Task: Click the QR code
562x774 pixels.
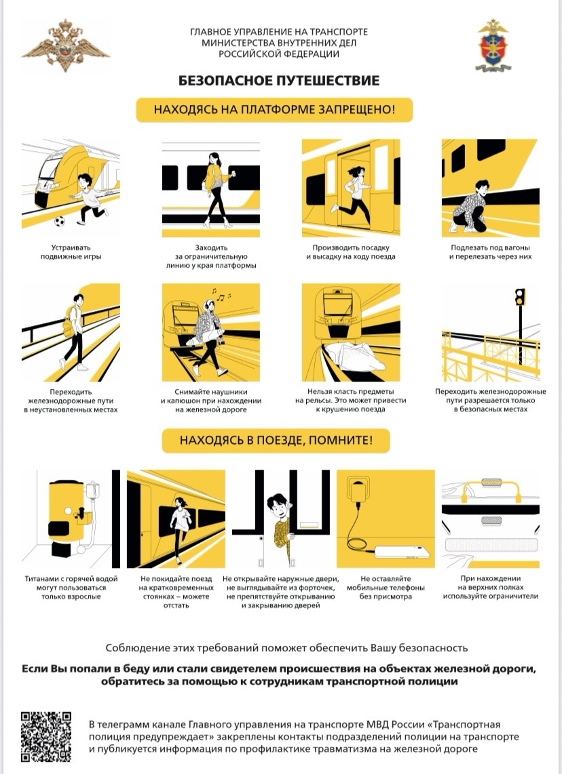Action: [x=46, y=737]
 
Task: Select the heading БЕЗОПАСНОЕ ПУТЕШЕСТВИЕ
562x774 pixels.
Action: [x=279, y=81]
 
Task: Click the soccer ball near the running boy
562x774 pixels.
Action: [x=59, y=221]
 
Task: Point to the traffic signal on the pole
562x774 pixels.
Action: [x=520, y=297]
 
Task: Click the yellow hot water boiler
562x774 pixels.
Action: [x=69, y=513]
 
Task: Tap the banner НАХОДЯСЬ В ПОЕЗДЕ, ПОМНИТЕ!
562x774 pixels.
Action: [x=276, y=441]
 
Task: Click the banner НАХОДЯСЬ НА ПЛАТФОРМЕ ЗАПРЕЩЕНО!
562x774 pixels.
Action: [x=274, y=110]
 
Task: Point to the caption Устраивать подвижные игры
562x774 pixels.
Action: [x=71, y=252]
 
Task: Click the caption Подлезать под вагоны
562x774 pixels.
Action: [x=490, y=248]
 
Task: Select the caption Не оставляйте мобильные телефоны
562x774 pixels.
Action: [x=386, y=583]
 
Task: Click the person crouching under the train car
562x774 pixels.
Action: [x=470, y=207]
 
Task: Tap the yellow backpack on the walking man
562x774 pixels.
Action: [x=69, y=322]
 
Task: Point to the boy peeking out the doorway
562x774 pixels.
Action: [x=281, y=528]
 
